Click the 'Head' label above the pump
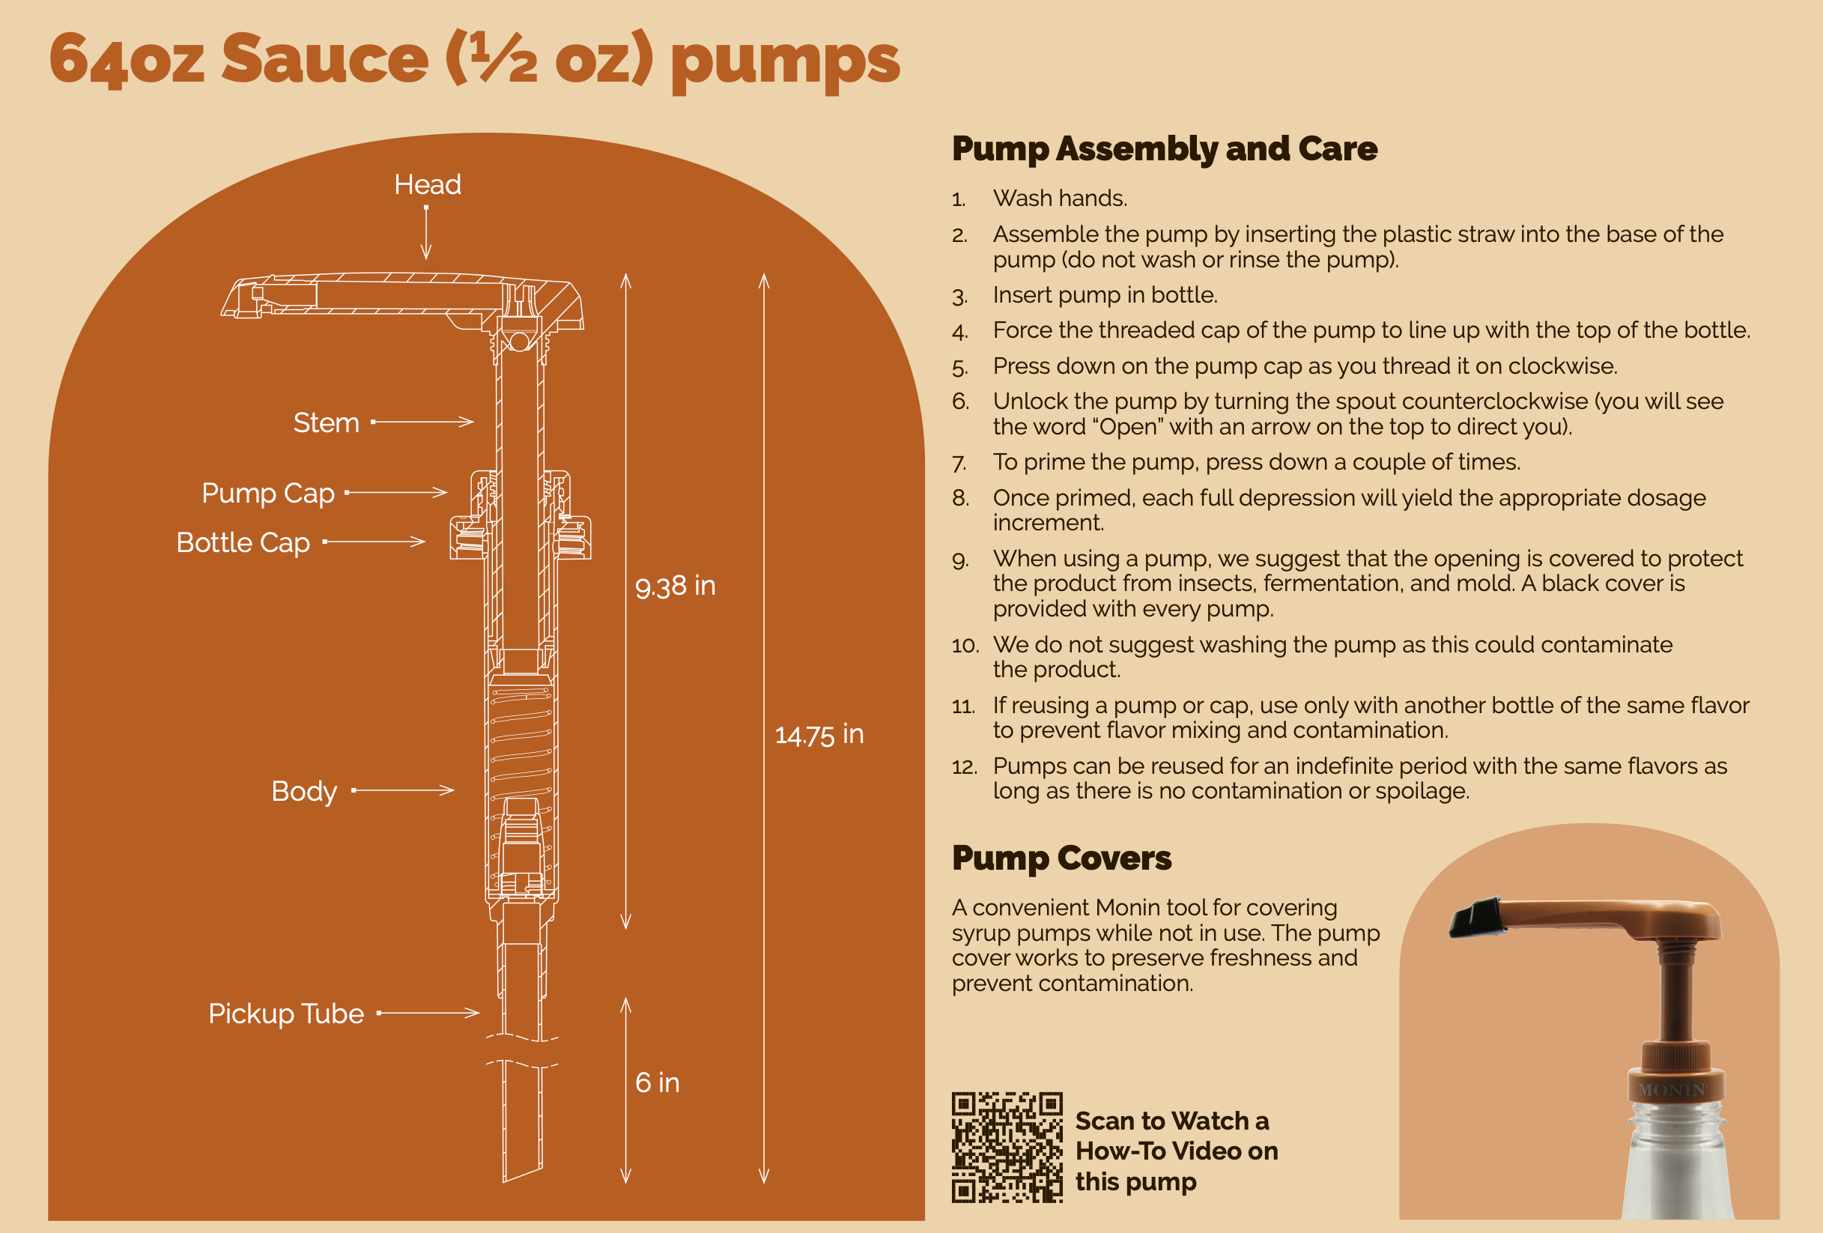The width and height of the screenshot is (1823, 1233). point(427,185)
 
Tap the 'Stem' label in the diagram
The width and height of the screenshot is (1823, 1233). point(326,422)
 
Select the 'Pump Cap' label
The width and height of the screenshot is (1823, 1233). point(267,494)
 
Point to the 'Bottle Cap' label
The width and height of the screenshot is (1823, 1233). point(243,543)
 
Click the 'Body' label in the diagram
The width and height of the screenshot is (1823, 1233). point(303,791)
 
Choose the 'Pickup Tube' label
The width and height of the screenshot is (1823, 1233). point(285,1014)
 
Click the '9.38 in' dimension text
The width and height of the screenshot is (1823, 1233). point(675,586)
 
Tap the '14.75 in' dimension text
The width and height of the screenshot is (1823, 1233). point(819,735)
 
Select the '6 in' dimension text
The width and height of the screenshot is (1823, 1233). point(657,1083)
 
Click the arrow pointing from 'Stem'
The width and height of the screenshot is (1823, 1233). point(424,422)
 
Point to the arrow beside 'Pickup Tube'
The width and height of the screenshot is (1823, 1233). point(429,1014)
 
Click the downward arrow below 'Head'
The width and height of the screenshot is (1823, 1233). point(426,233)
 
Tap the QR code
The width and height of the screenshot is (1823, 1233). point(1007,1147)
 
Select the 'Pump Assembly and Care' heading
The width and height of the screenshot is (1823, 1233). point(1164,149)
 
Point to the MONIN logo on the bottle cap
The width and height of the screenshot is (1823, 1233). point(1672,1090)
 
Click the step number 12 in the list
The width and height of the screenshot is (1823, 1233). point(964,767)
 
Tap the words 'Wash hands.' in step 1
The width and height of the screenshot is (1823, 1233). point(1059,199)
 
